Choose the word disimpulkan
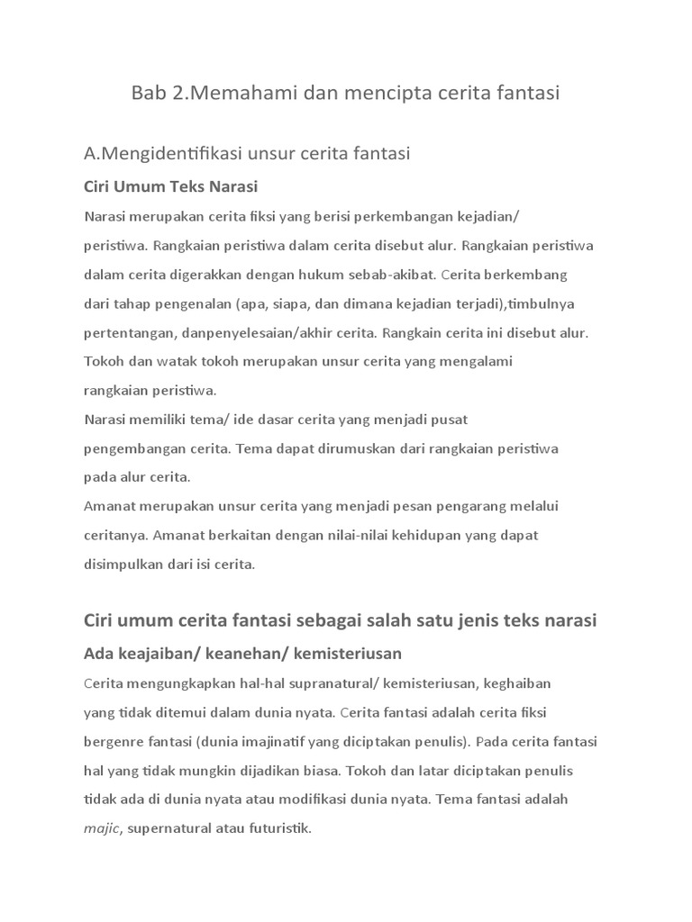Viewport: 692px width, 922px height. [x=126, y=565]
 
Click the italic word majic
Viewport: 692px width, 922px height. [x=101, y=828]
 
